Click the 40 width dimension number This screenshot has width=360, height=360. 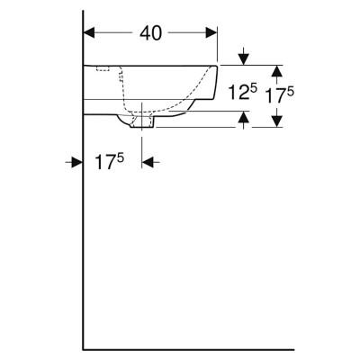pyautogui.click(x=151, y=32)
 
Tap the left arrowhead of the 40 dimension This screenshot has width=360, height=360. pyautogui.click(x=89, y=32)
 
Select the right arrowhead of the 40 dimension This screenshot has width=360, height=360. pyautogui.click(x=211, y=32)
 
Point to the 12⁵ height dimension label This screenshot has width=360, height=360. pyautogui.click(x=243, y=91)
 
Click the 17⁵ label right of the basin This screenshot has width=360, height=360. pyautogui.click(x=280, y=94)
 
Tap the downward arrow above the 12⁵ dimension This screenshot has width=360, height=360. pyautogui.click(x=244, y=57)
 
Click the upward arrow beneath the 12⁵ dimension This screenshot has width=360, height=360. pyautogui.click(x=245, y=120)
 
